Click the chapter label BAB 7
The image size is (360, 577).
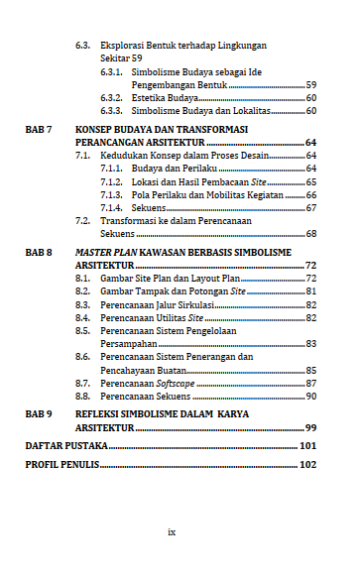39,129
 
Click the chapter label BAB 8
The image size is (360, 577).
39,253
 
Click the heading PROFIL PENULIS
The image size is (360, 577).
60,465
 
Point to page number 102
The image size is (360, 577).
307,465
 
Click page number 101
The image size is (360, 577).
307,447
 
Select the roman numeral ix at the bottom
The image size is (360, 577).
172,532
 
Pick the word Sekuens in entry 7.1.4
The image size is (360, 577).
149,208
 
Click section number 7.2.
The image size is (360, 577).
83,221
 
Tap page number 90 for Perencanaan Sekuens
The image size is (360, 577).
310,396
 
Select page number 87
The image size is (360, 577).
310,383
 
